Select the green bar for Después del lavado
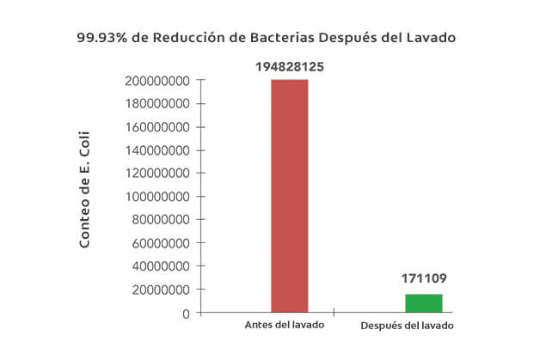point(424,303)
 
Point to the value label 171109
point(424,278)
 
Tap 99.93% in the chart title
point(102,39)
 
